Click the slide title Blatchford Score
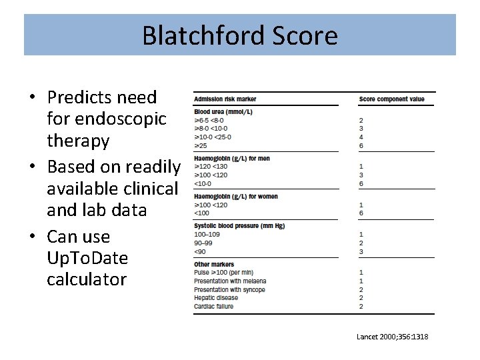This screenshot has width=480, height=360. [x=239, y=35]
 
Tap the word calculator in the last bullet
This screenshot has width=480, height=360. [x=86, y=279]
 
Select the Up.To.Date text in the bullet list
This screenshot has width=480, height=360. [x=87, y=258]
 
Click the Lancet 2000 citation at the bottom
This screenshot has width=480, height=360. [x=392, y=337]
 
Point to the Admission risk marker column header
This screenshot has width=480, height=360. [x=225, y=99]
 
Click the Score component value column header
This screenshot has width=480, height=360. [x=391, y=99]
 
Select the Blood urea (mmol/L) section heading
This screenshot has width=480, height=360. [x=223, y=112]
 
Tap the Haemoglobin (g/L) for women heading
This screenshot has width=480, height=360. [x=237, y=197]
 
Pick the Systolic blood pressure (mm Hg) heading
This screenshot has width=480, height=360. [x=239, y=226]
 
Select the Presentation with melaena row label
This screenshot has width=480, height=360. [x=229, y=281]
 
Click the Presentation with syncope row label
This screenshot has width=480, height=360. [x=229, y=290]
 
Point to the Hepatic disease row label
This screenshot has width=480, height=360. [x=215, y=298]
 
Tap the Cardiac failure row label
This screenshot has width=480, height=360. [x=213, y=306]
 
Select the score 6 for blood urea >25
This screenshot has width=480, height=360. [x=361, y=145]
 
